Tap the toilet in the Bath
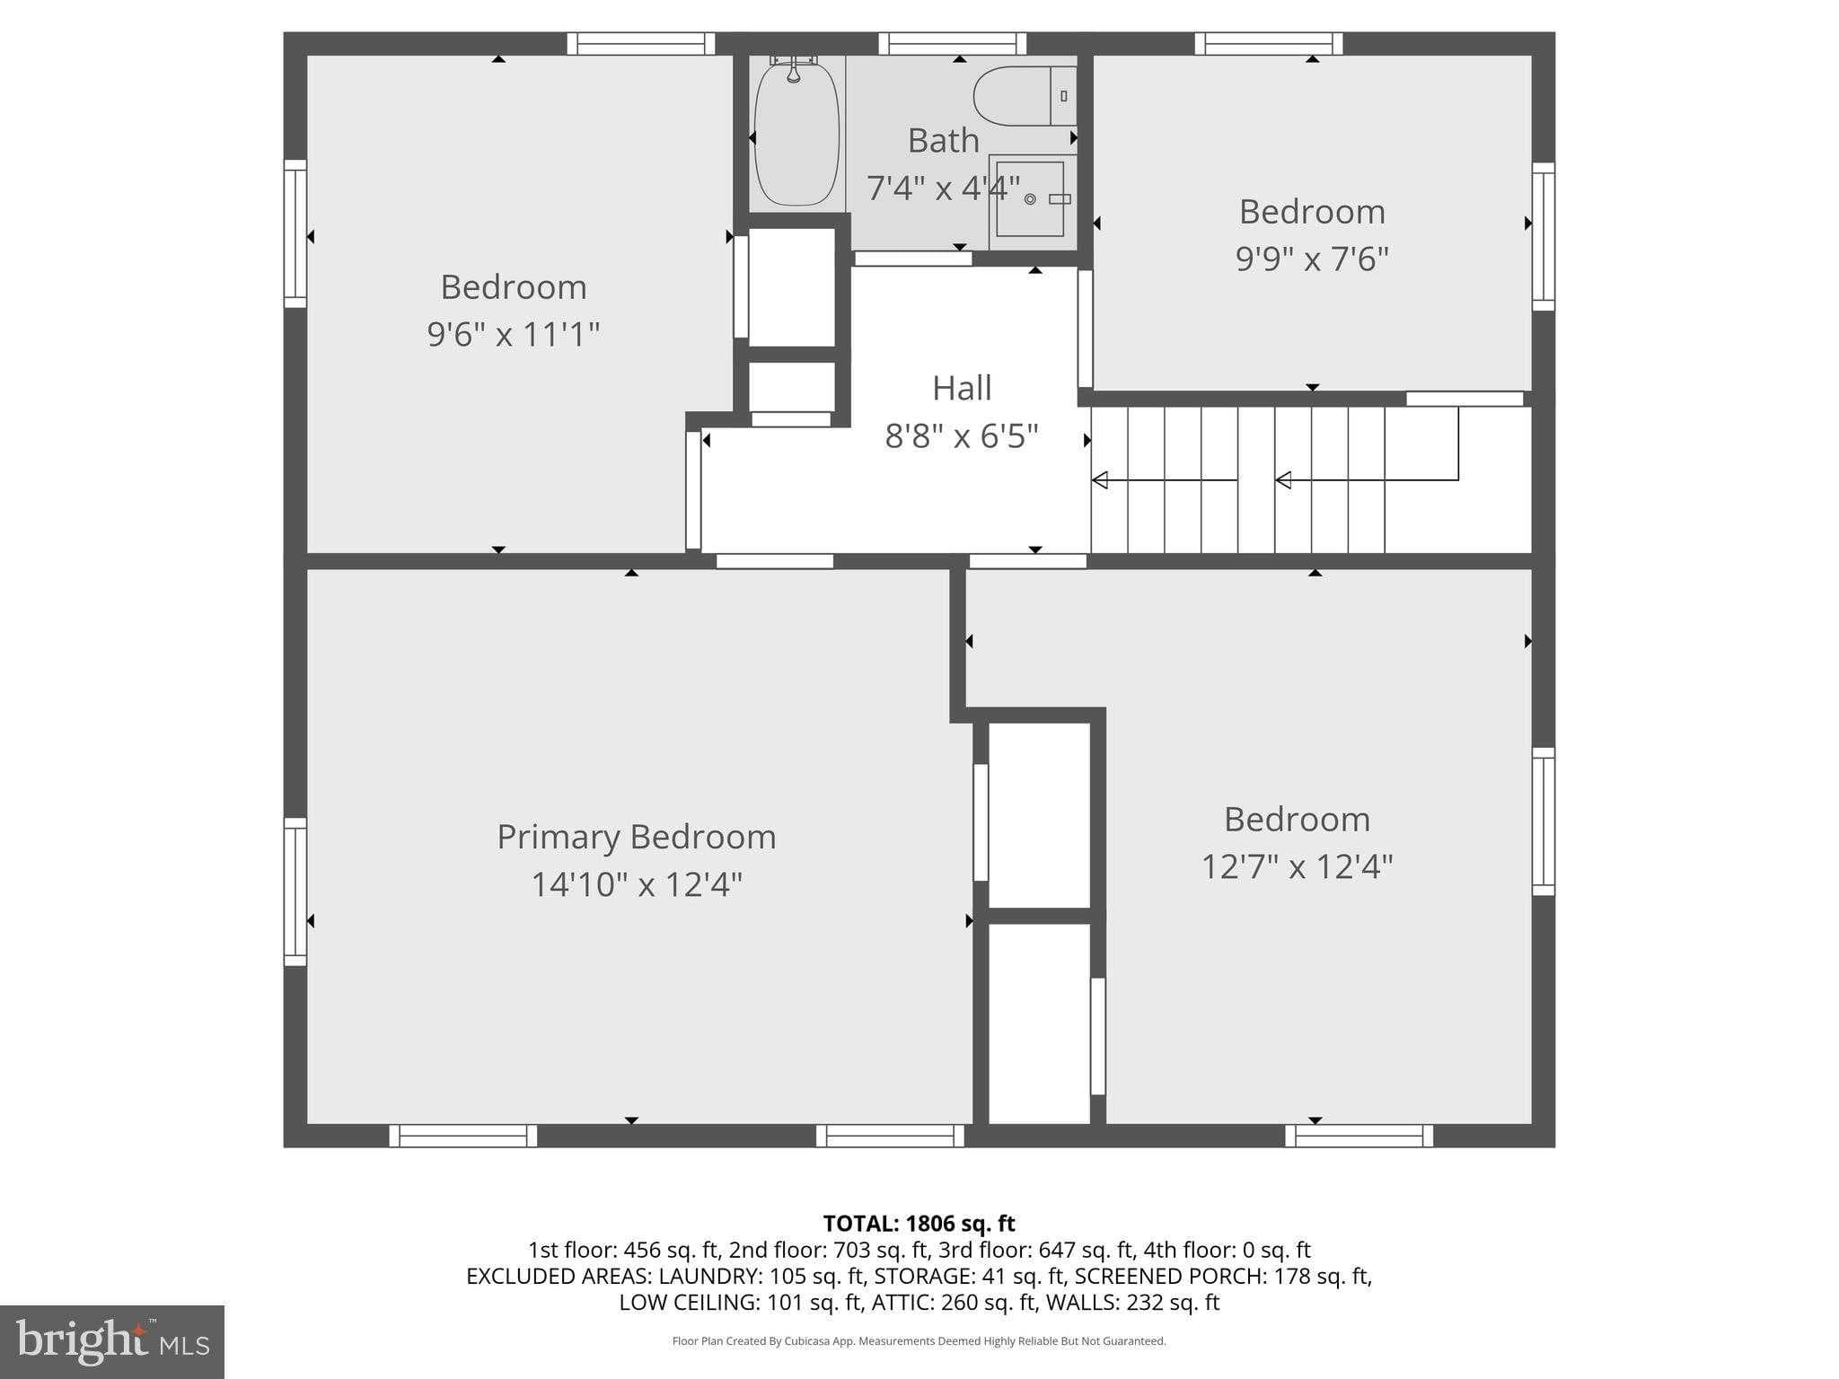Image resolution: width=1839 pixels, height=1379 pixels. click(x=1024, y=96)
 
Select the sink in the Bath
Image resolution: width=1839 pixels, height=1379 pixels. click(x=1030, y=199)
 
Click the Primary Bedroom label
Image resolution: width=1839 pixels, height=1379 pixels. click(x=636, y=837)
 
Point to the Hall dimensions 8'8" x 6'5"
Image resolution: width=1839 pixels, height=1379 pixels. click(x=961, y=436)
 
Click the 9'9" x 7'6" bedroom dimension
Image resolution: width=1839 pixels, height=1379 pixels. click(x=1311, y=259)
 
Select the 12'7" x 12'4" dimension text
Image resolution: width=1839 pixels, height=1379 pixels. click(x=1297, y=867)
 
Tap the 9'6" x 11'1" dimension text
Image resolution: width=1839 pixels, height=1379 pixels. click(x=513, y=335)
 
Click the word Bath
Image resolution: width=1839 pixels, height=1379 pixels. click(x=943, y=141)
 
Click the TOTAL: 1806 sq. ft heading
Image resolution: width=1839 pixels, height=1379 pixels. click(x=919, y=1224)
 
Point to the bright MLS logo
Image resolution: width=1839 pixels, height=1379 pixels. click(x=111, y=1341)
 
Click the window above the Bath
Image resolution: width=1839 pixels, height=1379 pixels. click(x=952, y=43)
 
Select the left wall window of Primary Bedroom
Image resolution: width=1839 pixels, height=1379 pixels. click(x=295, y=892)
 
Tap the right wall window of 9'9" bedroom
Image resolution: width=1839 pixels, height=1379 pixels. click(x=1543, y=237)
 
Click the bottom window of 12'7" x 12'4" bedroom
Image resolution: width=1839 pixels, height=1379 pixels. click(x=1359, y=1136)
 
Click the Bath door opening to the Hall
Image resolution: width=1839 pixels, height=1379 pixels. click(x=912, y=259)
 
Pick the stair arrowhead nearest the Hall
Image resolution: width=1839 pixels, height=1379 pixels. click(x=1100, y=480)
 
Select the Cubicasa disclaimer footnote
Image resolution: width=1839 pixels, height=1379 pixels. click(x=919, y=1341)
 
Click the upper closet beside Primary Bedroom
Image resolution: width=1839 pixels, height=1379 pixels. click(x=1039, y=815)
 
